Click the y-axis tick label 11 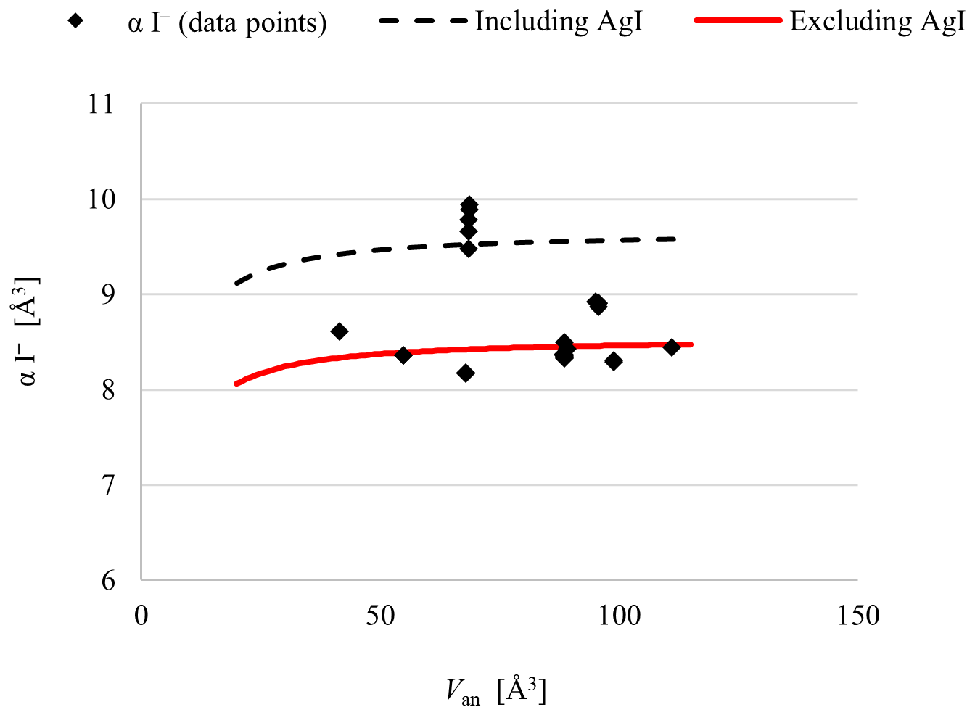click(101, 104)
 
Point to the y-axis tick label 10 click(101, 199)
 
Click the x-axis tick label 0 click(141, 616)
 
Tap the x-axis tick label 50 click(380, 616)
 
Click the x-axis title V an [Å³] click(496, 691)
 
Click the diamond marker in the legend click(75, 21)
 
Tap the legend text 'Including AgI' click(559, 22)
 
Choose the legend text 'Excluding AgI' click(877, 22)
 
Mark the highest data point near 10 click(469, 204)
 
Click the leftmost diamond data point click(339, 331)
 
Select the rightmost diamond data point click(671, 347)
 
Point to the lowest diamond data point click(466, 373)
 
